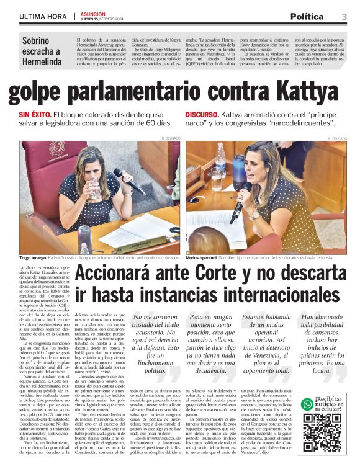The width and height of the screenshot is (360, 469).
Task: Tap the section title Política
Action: [x=306, y=16]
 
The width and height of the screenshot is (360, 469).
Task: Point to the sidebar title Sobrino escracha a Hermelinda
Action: [x=42, y=51]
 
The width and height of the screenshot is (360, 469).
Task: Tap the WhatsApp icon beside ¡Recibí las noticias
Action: [x=307, y=404]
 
